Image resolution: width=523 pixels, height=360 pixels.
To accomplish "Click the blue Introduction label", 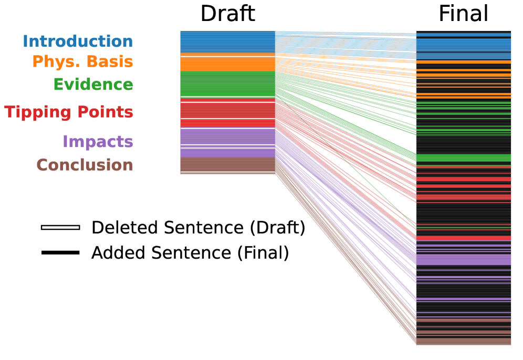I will [x=78, y=41].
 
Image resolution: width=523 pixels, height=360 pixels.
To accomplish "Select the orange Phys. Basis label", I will [x=82, y=62].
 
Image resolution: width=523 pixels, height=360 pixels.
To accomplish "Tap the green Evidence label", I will [x=93, y=84].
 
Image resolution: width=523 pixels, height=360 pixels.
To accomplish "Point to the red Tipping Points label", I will [x=69, y=112].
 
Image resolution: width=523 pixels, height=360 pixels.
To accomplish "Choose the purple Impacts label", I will [x=98, y=142].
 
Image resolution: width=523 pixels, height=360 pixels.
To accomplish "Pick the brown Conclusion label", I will [x=85, y=165].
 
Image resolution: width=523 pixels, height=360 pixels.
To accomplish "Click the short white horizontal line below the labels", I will [x=60, y=227].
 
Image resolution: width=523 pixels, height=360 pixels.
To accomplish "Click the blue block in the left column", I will [x=227, y=42].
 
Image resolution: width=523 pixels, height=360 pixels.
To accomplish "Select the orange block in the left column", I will [x=227, y=63].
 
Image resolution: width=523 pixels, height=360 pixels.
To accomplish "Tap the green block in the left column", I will [x=227, y=84].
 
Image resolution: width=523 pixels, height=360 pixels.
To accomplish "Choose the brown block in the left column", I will [x=227, y=164].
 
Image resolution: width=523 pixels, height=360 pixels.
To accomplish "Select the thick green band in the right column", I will [x=463, y=158].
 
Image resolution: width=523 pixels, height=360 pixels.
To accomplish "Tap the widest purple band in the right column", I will [x=463, y=259].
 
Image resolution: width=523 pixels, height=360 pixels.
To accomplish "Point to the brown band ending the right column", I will [x=463, y=341].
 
